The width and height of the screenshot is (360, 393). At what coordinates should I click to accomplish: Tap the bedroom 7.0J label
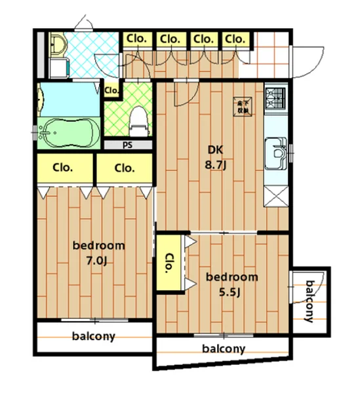(98, 252)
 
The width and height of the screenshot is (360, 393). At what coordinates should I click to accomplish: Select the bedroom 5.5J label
(231, 283)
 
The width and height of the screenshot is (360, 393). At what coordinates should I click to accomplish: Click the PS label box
(127, 145)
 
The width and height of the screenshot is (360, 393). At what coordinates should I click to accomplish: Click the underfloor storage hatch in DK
(243, 106)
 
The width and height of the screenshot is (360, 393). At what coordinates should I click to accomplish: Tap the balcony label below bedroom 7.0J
(94, 337)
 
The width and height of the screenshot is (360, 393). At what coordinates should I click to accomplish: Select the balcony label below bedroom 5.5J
(224, 348)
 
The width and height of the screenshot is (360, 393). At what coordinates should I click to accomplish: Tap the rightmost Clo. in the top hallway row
(235, 39)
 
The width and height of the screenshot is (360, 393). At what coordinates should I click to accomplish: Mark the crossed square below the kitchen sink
(275, 193)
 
